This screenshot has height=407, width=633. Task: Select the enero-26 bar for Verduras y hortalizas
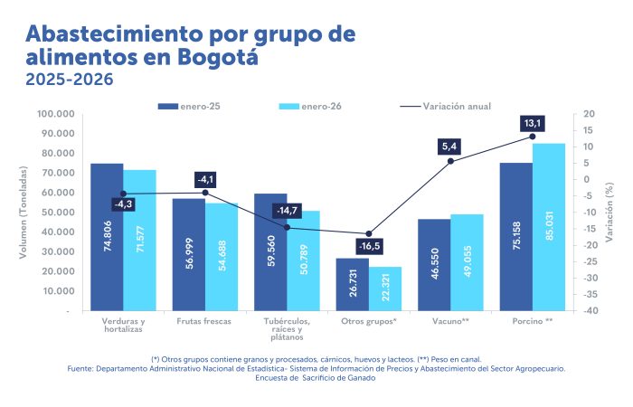139,241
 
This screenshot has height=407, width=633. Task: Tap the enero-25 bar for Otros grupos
352,284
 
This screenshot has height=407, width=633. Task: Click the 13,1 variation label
532,123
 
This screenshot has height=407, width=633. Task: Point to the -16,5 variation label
368,246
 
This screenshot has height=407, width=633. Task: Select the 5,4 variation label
450,146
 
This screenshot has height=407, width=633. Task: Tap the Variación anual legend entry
444,106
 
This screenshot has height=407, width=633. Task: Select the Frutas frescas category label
204,321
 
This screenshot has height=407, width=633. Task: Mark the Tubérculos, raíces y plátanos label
287,328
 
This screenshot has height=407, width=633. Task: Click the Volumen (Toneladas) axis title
24,213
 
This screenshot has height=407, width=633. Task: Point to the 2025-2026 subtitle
70,80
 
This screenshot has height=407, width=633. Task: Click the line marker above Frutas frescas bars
205,193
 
